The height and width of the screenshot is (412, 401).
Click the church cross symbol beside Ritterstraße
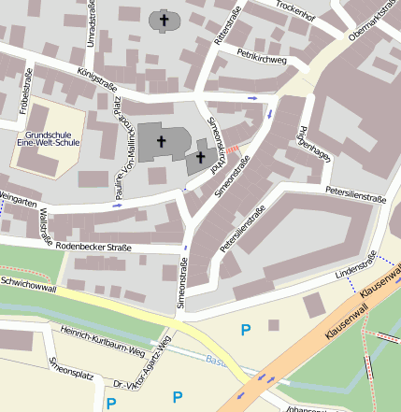[x=163, y=19]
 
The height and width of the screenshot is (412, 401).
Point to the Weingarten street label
[x=18, y=197]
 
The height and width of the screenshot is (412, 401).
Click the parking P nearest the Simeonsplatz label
[x=110, y=404]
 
